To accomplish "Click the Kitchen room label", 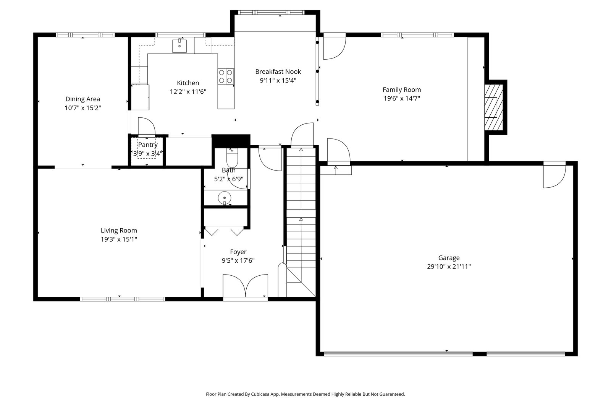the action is [x=188, y=83].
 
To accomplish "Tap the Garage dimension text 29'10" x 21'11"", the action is [x=449, y=267].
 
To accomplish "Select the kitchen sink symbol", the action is [x=179, y=46].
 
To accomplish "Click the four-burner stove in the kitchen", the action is [x=226, y=77].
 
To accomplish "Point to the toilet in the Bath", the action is [x=232, y=158].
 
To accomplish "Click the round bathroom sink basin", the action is [x=225, y=198].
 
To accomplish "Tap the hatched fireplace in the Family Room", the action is [x=494, y=107].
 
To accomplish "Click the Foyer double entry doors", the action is [x=246, y=286].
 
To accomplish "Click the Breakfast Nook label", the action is [x=278, y=72].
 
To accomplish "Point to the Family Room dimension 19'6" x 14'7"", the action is [x=402, y=98].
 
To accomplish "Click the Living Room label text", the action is [x=119, y=231].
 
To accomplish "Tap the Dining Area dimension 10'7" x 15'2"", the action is [x=82, y=108].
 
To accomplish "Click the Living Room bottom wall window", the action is [x=123, y=299].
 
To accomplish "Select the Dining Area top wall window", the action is [x=86, y=35].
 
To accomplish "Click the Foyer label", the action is [x=238, y=252].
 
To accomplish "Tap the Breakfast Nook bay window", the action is [x=271, y=12].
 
